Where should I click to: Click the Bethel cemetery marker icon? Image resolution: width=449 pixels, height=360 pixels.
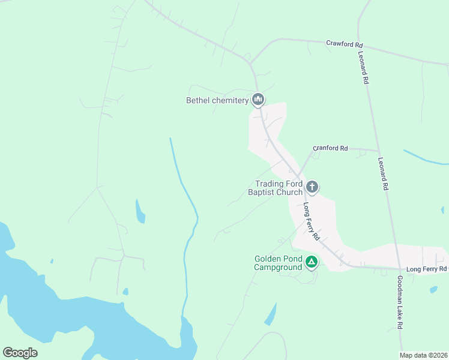(258, 99)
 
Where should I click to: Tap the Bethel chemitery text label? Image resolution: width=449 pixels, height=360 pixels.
(217, 101)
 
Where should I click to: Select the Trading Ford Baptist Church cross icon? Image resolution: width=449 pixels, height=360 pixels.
(312, 187)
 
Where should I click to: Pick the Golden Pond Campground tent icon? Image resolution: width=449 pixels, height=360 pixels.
(312, 262)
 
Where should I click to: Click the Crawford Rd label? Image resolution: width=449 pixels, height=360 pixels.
(345, 44)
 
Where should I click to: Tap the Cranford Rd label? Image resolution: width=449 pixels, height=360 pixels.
(331, 148)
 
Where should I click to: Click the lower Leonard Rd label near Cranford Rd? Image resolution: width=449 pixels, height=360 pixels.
(383, 174)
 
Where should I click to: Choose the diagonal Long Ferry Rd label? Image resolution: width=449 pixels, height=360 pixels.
(311, 221)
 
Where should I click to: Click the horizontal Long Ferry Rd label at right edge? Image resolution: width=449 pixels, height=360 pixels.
(426, 269)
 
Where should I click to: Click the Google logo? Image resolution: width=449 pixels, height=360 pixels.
(20, 353)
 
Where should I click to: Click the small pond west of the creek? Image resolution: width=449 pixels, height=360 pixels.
(140, 211)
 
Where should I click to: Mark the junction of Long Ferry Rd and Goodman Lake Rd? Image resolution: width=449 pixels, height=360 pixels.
(399, 268)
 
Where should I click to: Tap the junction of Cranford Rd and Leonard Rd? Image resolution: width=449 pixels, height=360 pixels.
(378, 150)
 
